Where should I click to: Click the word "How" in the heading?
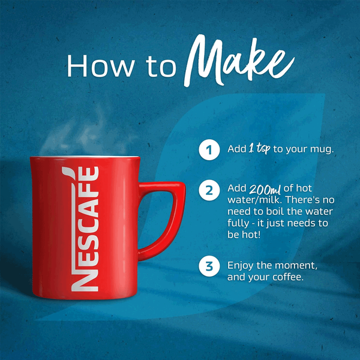pos(100,66)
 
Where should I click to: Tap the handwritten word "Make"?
pos(239,61)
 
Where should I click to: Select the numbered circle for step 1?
pos(209,149)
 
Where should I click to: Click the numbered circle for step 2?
pos(209,191)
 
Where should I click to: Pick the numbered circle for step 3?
pos(209,266)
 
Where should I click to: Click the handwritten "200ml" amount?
pos(265,190)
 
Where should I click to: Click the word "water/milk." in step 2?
pos(254,200)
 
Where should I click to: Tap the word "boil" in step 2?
pos(275,211)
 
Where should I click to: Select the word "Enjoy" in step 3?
pos(241,266)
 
